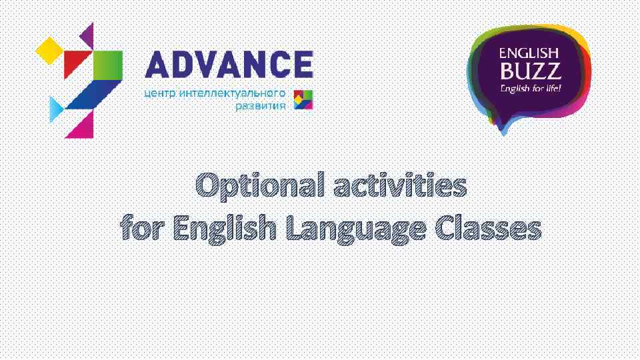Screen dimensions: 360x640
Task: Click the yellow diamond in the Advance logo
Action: coord(49,48)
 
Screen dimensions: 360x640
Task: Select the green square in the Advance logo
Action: coord(107,65)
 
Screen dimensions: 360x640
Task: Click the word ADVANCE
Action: coord(229,65)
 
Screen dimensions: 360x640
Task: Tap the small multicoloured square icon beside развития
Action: coord(303,99)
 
